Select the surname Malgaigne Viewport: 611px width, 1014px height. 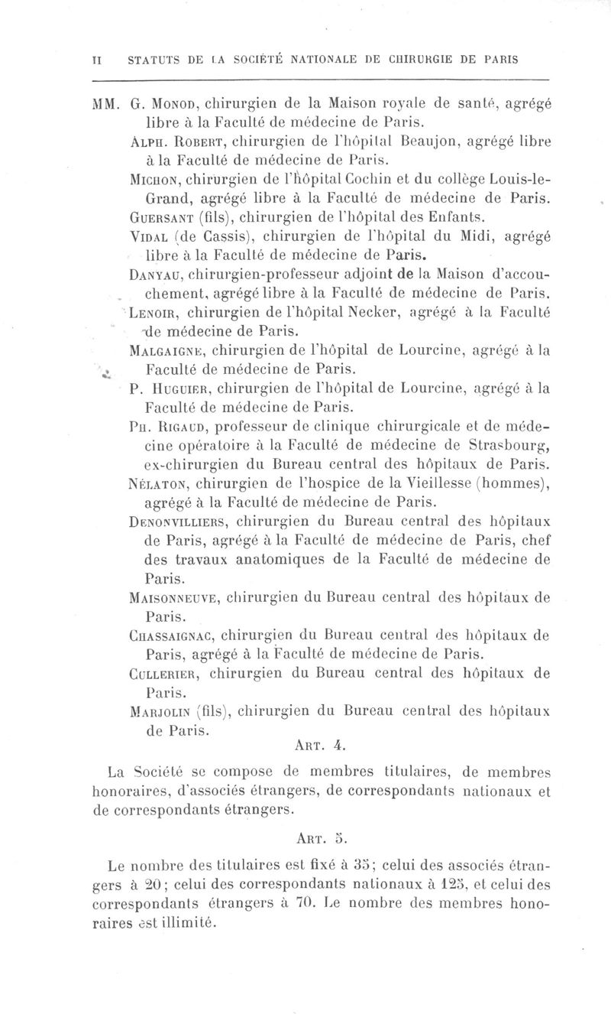(166, 352)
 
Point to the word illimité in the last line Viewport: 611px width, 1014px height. (185, 923)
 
